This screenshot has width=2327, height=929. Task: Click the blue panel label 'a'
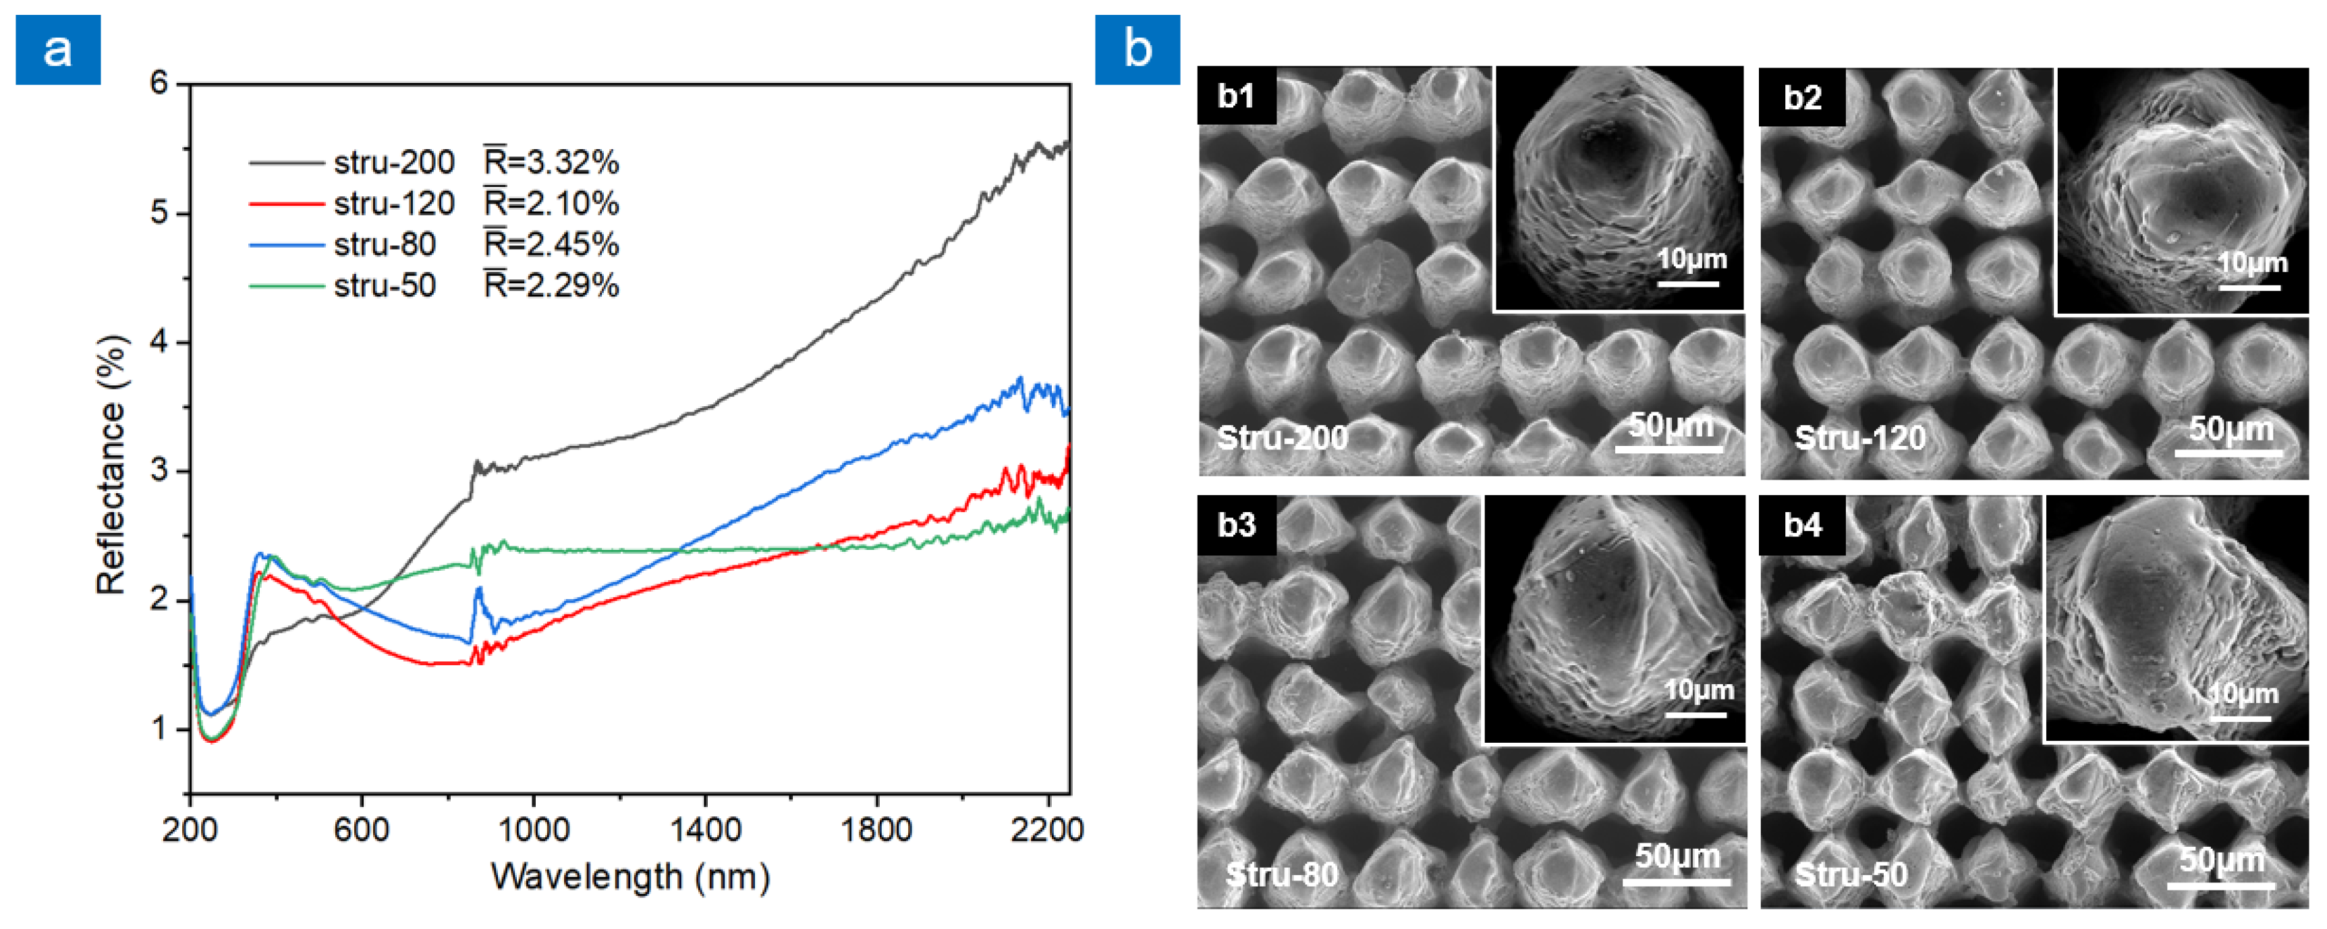pyautogui.click(x=58, y=50)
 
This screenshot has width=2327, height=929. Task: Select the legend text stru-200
pyautogui.click(x=394, y=163)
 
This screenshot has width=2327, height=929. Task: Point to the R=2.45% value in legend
pyautogui.click(x=551, y=244)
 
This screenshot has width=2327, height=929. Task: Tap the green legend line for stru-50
pyautogui.click(x=285, y=285)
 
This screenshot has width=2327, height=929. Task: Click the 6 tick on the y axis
pyautogui.click(x=160, y=84)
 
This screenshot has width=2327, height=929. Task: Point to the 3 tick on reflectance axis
pyautogui.click(x=160, y=471)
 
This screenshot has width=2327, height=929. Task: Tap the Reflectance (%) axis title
pyautogui.click(x=112, y=466)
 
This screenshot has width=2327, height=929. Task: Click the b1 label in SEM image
pyautogui.click(x=1236, y=96)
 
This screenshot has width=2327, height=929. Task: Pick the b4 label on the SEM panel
pyautogui.click(x=1802, y=525)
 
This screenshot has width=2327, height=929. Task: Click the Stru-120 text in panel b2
pyautogui.click(x=1860, y=439)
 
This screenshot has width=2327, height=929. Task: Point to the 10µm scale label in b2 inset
pyautogui.click(x=2252, y=264)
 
